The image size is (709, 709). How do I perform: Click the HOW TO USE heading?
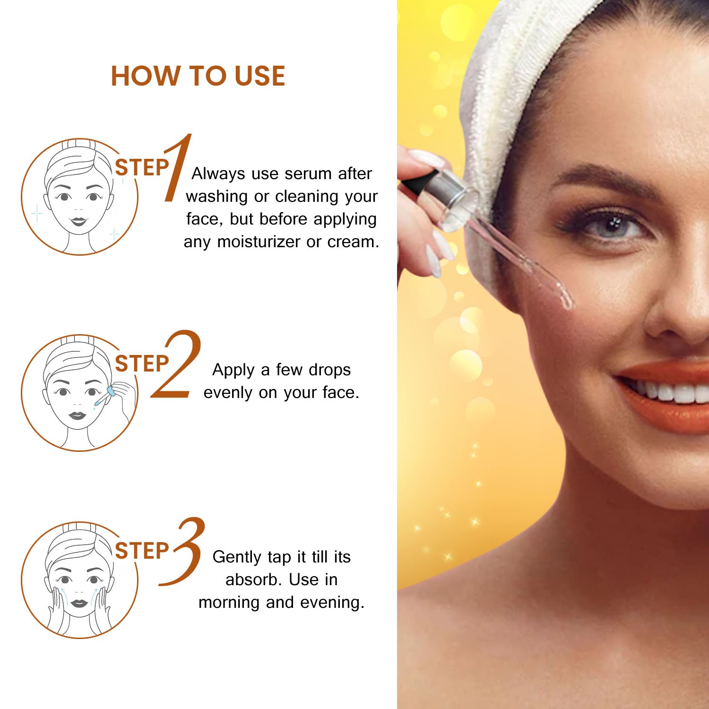tap(198, 76)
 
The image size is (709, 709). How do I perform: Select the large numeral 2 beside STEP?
tap(176, 363)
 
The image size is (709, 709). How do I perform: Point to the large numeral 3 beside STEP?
tap(182, 552)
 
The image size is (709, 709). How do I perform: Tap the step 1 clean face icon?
tap(79, 197)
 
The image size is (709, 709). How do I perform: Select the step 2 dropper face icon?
tap(79, 393)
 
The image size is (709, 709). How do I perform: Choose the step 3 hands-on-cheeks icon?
tap(79, 580)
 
